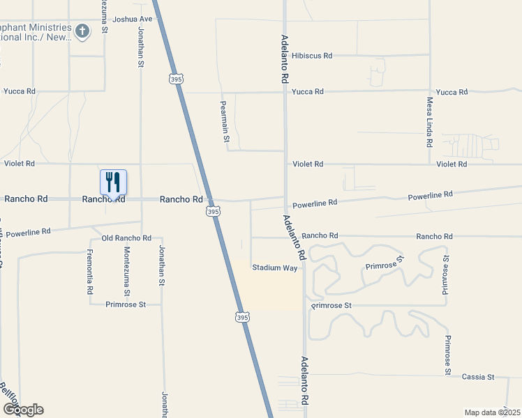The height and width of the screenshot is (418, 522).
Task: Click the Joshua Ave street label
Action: (x=132, y=19)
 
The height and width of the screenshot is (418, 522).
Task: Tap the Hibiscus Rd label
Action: (x=312, y=55)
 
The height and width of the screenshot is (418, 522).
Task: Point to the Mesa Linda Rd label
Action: (x=429, y=122)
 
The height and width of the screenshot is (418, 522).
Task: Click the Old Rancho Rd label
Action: (x=126, y=238)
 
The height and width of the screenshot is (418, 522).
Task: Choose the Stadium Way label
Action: (x=275, y=268)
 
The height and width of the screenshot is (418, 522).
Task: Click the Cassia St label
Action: (x=478, y=377)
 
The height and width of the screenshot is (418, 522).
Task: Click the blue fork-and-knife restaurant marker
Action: (x=113, y=183)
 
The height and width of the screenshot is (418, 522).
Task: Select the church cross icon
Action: (x=82, y=31)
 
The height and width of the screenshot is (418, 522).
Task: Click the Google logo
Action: (x=22, y=409)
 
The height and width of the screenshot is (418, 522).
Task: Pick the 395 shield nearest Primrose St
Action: (x=240, y=316)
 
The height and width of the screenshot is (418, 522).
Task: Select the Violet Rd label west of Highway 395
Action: (x=20, y=164)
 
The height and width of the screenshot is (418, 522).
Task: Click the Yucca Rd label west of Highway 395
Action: (x=19, y=91)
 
